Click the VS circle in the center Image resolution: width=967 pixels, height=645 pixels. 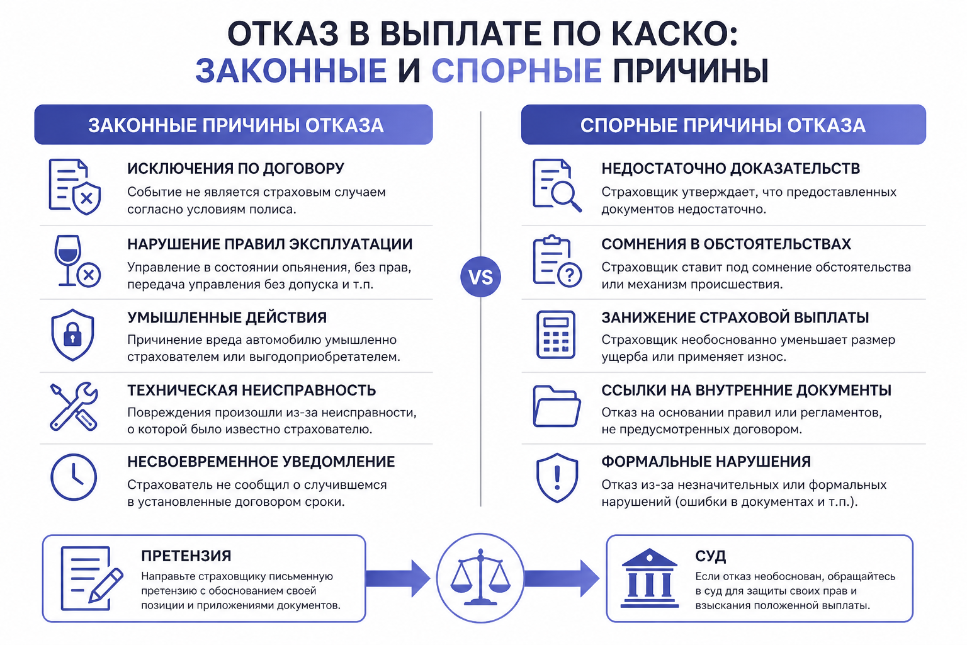click(x=480, y=277)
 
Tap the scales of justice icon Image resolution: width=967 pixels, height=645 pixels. click(x=480, y=577)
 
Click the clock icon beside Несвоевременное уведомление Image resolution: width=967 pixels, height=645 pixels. click(x=74, y=477)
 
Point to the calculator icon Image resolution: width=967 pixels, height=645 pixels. click(x=556, y=335)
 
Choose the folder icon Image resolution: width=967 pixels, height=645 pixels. click(x=557, y=406)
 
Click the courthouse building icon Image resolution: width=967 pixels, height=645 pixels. click(x=649, y=578)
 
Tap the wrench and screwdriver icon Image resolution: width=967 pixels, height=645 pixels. click(x=74, y=406)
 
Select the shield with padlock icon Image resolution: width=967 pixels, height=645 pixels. click(x=72, y=335)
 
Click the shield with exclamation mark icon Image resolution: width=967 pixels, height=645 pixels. click(x=557, y=477)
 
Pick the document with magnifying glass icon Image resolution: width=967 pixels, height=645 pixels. click(x=557, y=185)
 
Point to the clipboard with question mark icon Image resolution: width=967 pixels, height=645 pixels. click(x=557, y=261)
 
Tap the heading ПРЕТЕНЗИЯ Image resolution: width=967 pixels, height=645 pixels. click(x=186, y=556)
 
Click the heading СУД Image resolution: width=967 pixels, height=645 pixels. click(x=711, y=556)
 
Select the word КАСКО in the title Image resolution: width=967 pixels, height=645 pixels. click(x=665, y=33)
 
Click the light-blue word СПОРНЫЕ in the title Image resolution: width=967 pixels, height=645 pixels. click(x=517, y=71)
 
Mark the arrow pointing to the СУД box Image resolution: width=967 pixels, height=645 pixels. click(x=562, y=578)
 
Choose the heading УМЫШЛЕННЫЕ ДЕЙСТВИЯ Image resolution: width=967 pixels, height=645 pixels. click(x=227, y=317)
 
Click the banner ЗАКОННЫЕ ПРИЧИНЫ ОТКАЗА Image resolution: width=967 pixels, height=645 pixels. click(x=234, y=125)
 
